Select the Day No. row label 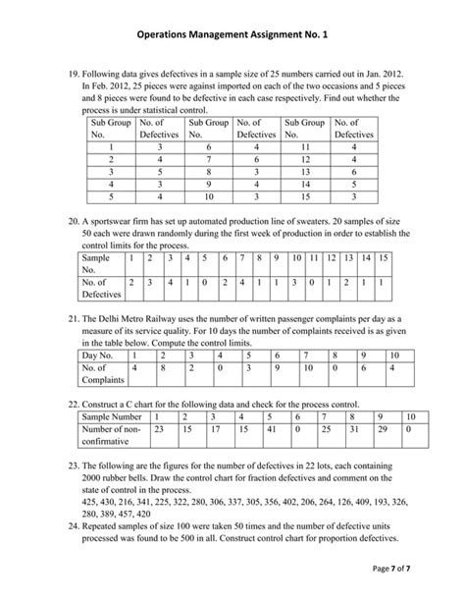coord(103,357)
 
